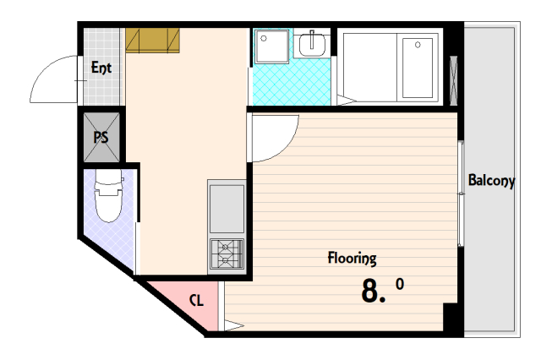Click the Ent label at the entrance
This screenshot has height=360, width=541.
101,68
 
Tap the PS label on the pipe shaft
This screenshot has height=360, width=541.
101,137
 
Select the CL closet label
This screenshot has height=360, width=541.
197,300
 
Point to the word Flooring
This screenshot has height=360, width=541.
352,259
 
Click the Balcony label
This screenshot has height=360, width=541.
491,180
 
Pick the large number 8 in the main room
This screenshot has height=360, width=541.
370,291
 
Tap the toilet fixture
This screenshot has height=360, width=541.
109,196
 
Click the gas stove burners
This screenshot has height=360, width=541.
227,254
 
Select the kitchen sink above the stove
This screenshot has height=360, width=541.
227,209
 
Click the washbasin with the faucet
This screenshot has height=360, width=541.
312,44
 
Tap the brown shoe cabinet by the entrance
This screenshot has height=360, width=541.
152,41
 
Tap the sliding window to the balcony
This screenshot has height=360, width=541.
461,194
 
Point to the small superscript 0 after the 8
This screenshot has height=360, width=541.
400,284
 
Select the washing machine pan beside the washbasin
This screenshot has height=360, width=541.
272,46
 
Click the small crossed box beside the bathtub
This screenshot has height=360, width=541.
454,80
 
